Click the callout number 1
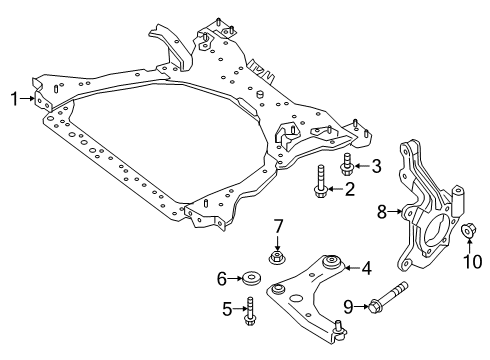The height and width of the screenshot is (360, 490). (14, 98)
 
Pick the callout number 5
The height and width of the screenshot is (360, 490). (227, 336)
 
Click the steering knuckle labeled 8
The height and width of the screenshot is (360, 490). (428, 215)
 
